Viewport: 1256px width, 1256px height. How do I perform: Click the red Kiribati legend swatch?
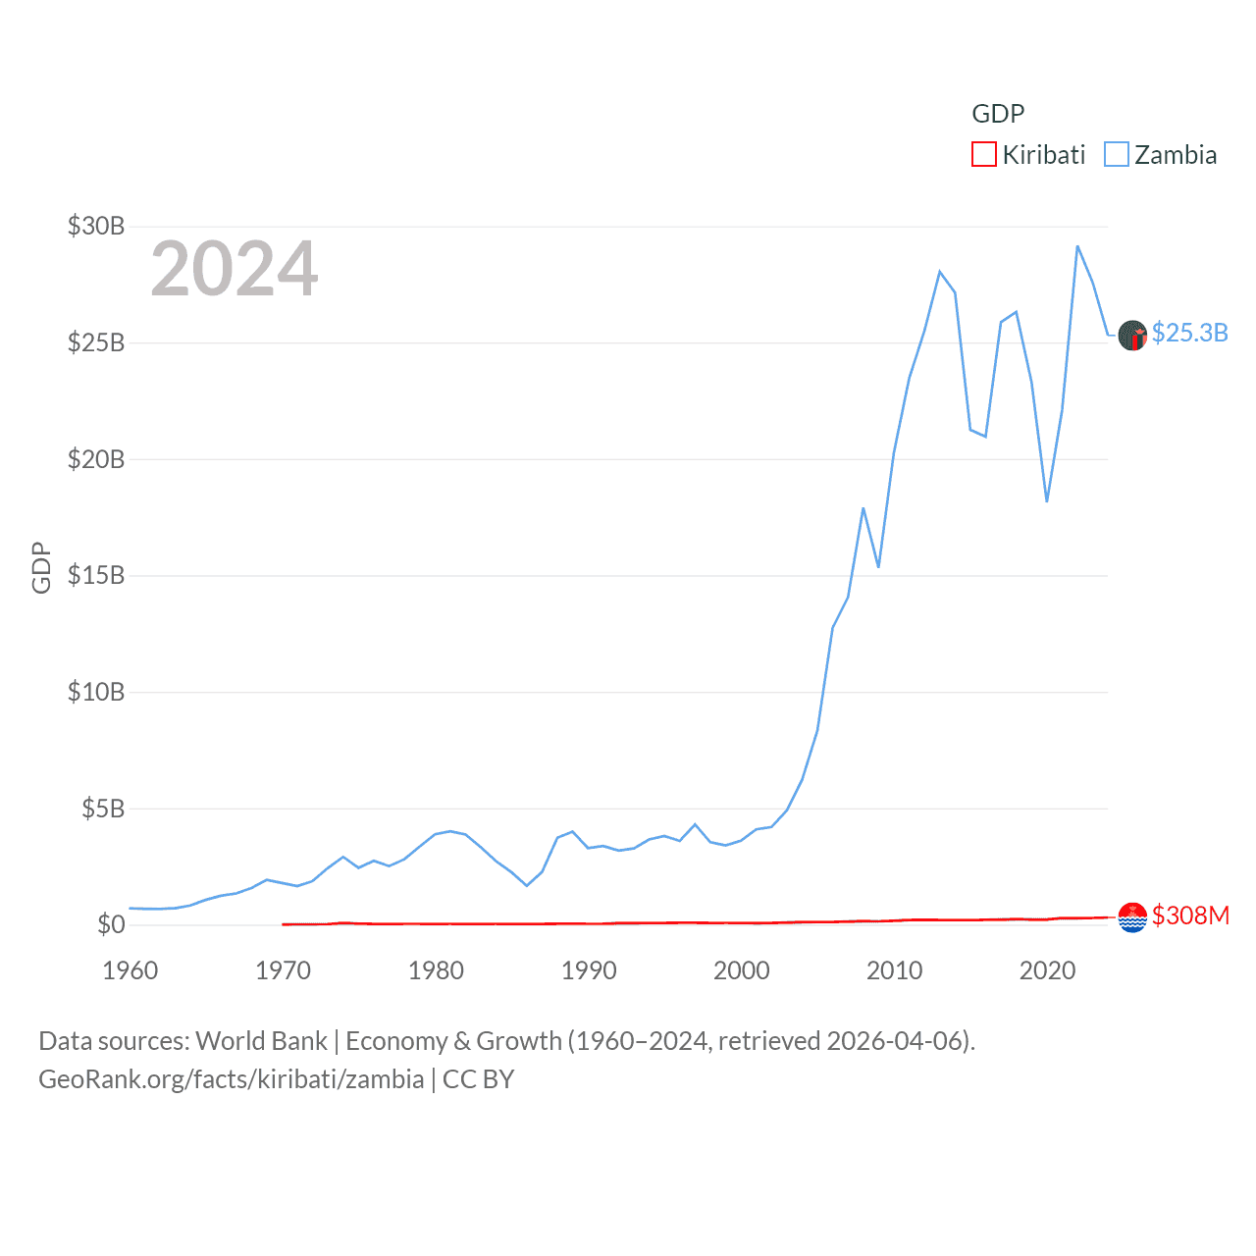tap(983, 155)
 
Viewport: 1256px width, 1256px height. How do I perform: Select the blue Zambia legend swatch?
tap(1117, 155)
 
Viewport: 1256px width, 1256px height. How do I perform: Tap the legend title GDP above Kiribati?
tap(998, 114)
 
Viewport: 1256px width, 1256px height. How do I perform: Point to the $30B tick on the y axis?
tap(96, 227)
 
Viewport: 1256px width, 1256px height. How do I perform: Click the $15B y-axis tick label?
tap(96, 575)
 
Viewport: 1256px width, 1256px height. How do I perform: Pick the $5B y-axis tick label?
tap(103, 809)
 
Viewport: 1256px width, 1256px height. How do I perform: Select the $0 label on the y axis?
tap(111, 924)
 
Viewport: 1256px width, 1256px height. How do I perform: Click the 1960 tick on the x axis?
tap(131, 970)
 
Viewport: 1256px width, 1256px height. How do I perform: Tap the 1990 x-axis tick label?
tap(589, 970)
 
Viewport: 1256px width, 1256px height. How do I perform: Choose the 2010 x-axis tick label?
tap(894, 970)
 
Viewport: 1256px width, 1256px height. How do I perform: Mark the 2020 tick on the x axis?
tap(1047, 970)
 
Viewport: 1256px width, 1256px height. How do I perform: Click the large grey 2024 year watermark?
tap(235, 269)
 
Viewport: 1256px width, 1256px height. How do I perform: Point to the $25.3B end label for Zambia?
tap(1189, 334)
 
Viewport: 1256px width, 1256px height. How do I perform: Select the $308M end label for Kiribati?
tap(1190, 916)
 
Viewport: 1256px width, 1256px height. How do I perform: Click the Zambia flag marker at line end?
tap(1132, 336)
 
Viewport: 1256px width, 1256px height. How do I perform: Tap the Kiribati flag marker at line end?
tap(1132, 917)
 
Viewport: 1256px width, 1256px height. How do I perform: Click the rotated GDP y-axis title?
tap(41, 567)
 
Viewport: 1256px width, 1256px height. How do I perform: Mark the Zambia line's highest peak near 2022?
tap(1077, 246)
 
